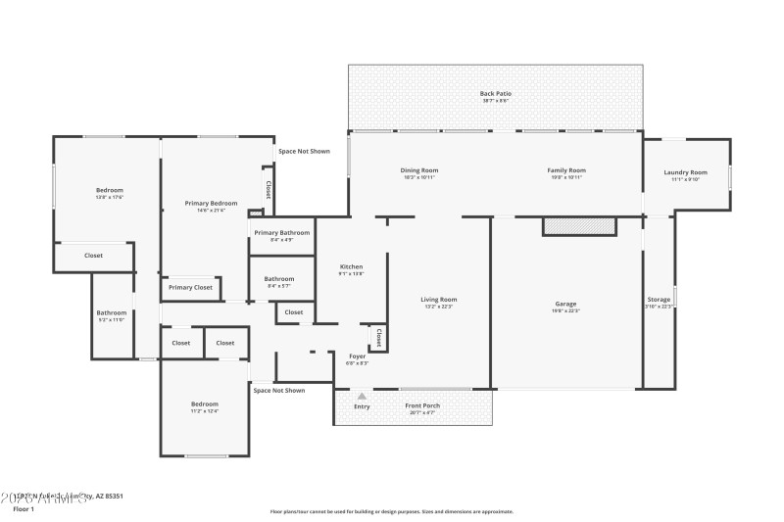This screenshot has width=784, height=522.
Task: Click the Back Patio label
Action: point(496,93)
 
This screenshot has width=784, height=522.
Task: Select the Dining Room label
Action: point(418,170)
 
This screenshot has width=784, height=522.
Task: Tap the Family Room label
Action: point(566,170)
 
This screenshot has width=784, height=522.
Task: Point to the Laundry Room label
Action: point(686,172)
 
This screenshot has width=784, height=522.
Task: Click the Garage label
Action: point(566,304)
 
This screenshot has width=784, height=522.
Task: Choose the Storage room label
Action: point(659,299)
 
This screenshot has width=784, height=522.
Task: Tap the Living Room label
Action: point(439,300)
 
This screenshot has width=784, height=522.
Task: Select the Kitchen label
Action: point(351,266)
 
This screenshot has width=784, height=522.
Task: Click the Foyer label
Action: point(358,356)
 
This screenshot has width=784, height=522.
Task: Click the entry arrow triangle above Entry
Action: point(362,396)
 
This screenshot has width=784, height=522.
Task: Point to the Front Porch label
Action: point(422,405)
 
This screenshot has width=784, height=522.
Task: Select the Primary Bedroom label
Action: point(211,203)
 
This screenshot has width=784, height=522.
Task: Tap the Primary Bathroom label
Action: point(282,232)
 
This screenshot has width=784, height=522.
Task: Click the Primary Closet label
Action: point(190,287)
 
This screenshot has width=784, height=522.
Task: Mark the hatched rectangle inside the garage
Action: point(579,226)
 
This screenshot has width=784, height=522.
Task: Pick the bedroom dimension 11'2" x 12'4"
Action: point(205,410)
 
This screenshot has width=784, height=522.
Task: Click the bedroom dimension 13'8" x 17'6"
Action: point(109,197)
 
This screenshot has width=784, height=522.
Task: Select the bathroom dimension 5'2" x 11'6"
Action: point(111,320)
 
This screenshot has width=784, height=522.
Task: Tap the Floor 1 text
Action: point(23,509)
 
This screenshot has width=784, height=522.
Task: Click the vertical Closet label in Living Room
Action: point(378,338)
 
